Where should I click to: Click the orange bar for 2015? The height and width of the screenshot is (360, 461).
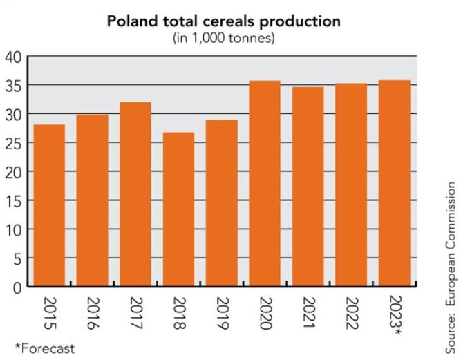click(x=49, y=205)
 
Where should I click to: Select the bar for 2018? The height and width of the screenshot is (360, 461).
click(x=179, y=209)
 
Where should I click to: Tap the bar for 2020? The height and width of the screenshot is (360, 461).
click(x=265, y=183)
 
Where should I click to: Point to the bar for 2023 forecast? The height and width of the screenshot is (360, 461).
click(x=395, y=183)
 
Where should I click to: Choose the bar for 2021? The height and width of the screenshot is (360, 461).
click(x=309, y=186)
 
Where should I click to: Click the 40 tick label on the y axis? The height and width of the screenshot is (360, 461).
click(x=13, y=56)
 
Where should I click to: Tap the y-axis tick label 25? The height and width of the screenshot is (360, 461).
click(x=13, y=142)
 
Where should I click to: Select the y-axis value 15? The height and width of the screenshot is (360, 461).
click(x=13, y=200)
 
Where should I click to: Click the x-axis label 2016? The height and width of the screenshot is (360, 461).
click(x=93, y=312)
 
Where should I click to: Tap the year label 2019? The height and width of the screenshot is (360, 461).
click(x=223, y=312)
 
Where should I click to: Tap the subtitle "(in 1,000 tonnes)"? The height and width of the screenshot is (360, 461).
click(x=223, y=37)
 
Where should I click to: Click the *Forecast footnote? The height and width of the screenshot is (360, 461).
click(x=44, y=348)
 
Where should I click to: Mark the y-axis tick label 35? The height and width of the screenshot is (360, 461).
click(x=13, y=85)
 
